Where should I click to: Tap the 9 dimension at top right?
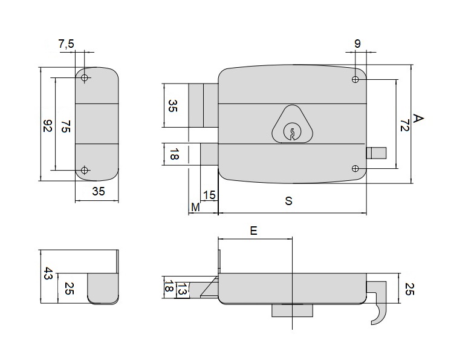[357, 44]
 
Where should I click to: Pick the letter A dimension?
[418, 119]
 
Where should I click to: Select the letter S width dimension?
[289, 201]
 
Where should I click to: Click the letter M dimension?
[195, 208]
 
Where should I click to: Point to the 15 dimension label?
[209, 195]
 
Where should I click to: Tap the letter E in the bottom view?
[253, 231]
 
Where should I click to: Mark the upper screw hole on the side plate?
[84, 78]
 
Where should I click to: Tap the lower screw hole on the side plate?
[84, 170]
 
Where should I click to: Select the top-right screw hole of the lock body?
[356, 79]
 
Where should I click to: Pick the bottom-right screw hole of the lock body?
[356, 168]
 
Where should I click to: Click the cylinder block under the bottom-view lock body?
[292, 310]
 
